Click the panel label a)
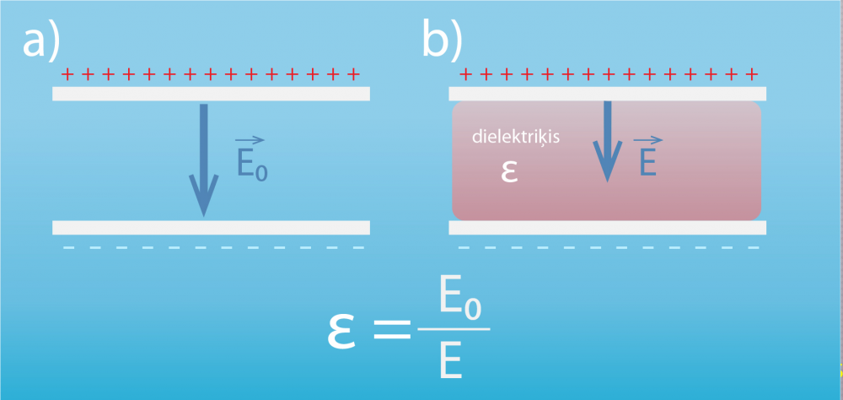point(43,41)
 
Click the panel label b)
point(443,41)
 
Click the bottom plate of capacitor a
point(211,227)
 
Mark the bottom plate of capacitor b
point(607,227)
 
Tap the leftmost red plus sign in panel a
point(67,76)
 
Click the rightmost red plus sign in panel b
point(750,74)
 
